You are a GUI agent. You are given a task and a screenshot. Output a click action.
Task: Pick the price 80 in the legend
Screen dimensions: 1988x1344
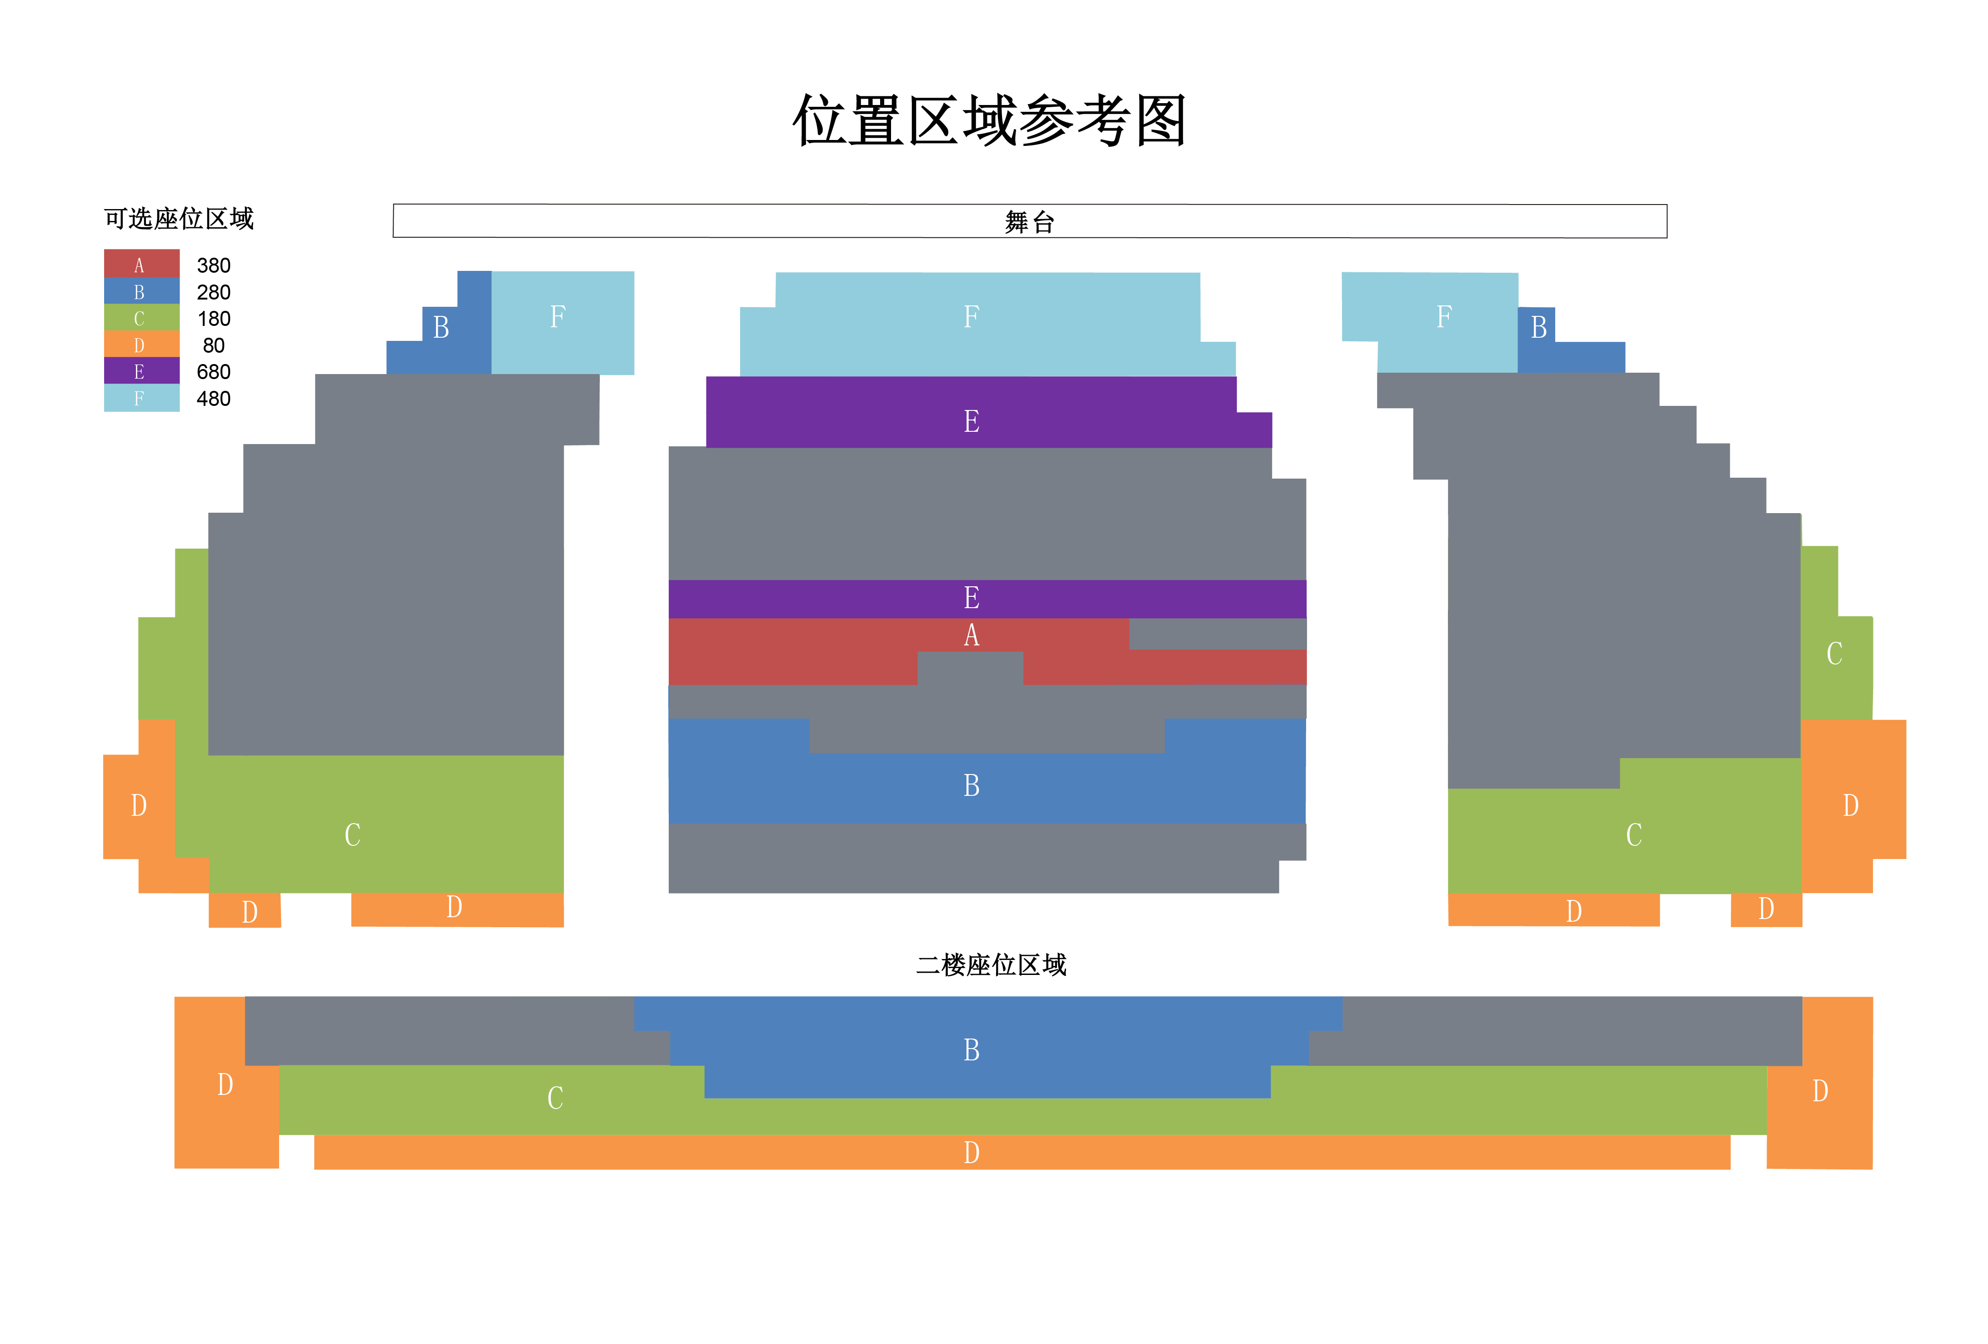point(213,345)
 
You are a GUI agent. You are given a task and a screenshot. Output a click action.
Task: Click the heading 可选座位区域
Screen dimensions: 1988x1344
point(179,219)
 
